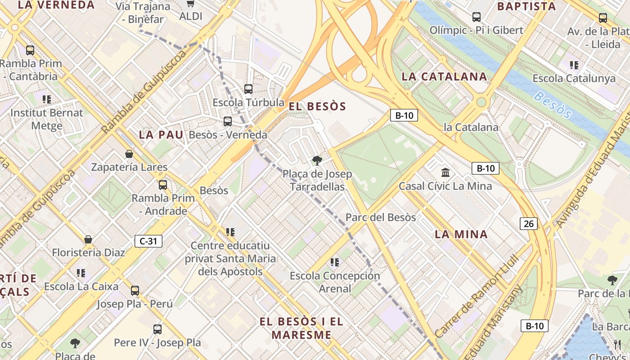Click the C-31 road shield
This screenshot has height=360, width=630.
point(148,241)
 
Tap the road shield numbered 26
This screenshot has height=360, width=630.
point(529,223)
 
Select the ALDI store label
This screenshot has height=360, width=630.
point(191,17)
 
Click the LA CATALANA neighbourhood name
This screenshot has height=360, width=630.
point(444,76)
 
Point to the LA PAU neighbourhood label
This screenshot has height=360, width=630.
point(161,135)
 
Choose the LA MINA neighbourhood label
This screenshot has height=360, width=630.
point(461,234)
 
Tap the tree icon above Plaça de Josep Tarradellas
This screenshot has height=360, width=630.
point(317,160)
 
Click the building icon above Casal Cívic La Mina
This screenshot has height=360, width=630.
point(445,172)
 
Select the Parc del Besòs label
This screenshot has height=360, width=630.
point(381,217)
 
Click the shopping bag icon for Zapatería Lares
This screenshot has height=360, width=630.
point(129,154)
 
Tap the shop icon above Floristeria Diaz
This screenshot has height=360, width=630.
point(88,239)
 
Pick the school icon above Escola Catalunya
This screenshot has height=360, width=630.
point(574,65)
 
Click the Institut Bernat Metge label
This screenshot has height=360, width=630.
point(47,119)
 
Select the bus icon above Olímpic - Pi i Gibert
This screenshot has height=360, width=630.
point(476,17)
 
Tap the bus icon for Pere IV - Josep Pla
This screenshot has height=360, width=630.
point(157,329)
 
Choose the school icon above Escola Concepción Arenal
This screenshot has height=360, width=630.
point(334,262)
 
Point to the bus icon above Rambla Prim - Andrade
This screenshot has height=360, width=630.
point(163,184)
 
